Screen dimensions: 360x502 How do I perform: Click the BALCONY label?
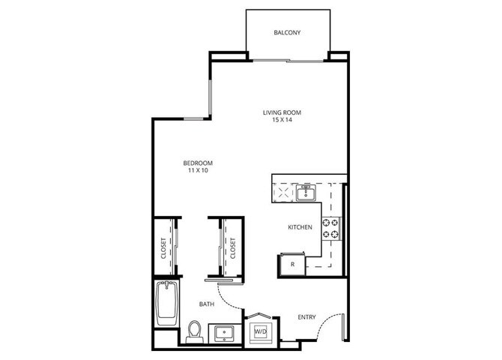point(287,32)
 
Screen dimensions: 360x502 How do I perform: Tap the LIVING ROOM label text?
point(281,113)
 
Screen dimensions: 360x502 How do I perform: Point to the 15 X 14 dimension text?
point(281,121)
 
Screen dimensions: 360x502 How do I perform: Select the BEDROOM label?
point(198,163)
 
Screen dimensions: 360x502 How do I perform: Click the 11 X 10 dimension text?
point(198,170)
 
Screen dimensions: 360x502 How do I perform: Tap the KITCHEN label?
point(300,226)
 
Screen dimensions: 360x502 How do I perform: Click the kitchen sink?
point(306,194)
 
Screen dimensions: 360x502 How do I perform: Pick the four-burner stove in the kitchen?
point(331,228)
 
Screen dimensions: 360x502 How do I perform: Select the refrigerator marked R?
point(291,265)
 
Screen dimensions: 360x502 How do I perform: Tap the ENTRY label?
point(306,317)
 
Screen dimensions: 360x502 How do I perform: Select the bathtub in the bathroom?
point(166,303)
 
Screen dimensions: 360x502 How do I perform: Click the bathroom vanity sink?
point(223,331)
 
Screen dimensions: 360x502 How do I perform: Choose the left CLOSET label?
point(163,249)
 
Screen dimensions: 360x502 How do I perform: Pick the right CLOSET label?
point(232,248)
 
